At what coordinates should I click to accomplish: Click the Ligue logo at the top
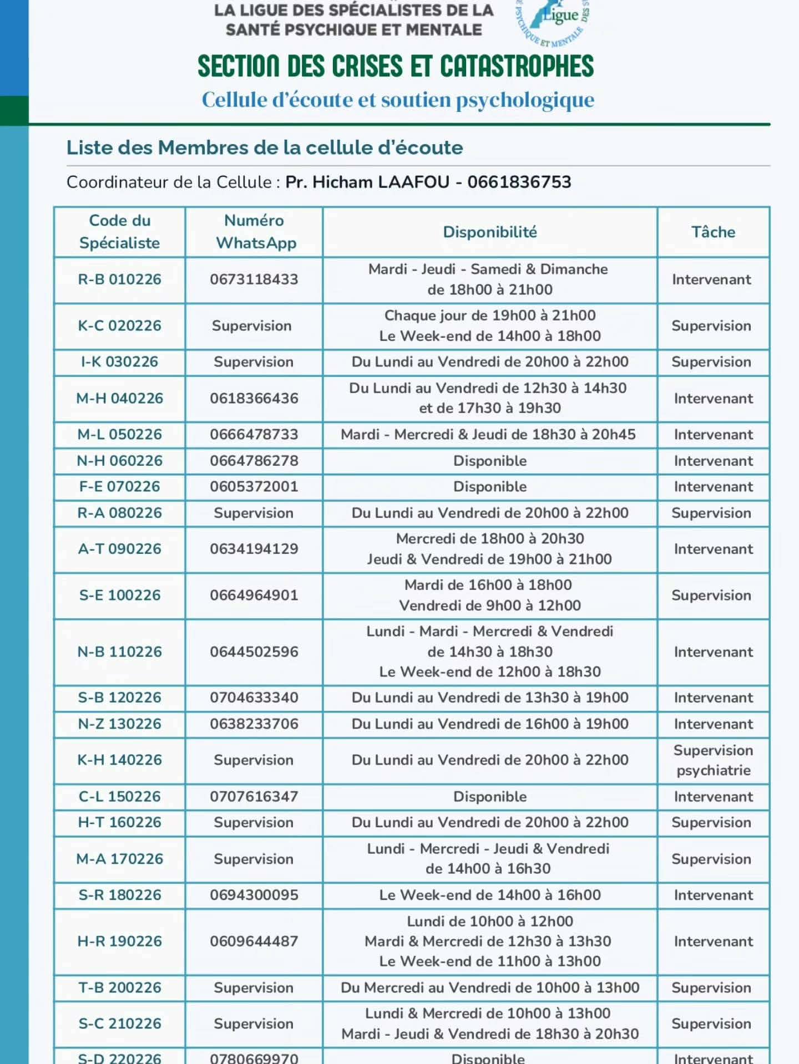tap(553, 21)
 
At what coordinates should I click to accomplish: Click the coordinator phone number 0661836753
tap(519, 182)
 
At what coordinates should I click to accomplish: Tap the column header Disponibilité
tap(489, 232)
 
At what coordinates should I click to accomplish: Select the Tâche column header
tap(713, 232)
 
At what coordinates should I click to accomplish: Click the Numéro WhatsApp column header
tap(254, 232)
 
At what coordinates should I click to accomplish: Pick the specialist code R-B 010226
tap(119, 279)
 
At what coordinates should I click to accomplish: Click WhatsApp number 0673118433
tap(254, 279)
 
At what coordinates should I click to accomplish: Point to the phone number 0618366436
tap(254, 398)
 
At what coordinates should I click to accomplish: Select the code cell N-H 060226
tap(119, 461)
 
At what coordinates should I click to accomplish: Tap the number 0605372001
tap(254, 486)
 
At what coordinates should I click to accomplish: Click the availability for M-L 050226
tap(488, 435)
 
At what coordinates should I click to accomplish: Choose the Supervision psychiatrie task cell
tap(713, 760)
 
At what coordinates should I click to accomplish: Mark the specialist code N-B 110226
tap(119, 651)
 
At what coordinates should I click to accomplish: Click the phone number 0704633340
tap(254, 698)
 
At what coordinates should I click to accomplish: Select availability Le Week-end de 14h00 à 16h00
tap(489, 895)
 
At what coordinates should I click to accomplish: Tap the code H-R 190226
tap(119, 941)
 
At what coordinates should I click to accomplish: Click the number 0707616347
tap(254, 796)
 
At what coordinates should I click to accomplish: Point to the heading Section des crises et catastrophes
tap(395, 67)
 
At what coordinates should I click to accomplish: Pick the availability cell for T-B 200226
tap(489, 987)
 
